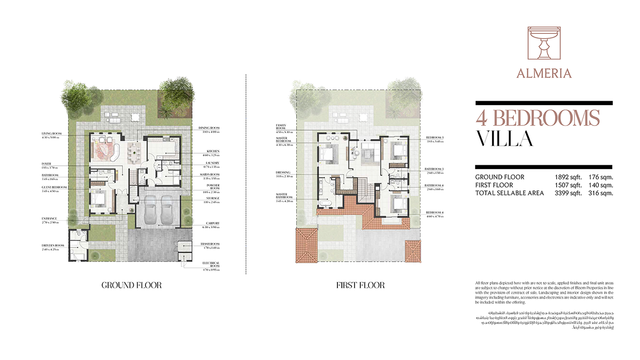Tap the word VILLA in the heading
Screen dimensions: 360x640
pyautogui.click(x=504, y=139)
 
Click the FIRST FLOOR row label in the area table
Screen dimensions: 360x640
pyautogui.click(x=494, y=185)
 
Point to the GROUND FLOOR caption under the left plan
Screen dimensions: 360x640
pyautogui.click(x=131, y=285)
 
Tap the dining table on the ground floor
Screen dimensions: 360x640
pyautogui.click(x=133, y=153)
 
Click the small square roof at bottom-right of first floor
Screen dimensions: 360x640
pyautogui.click(x=412, y=250)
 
